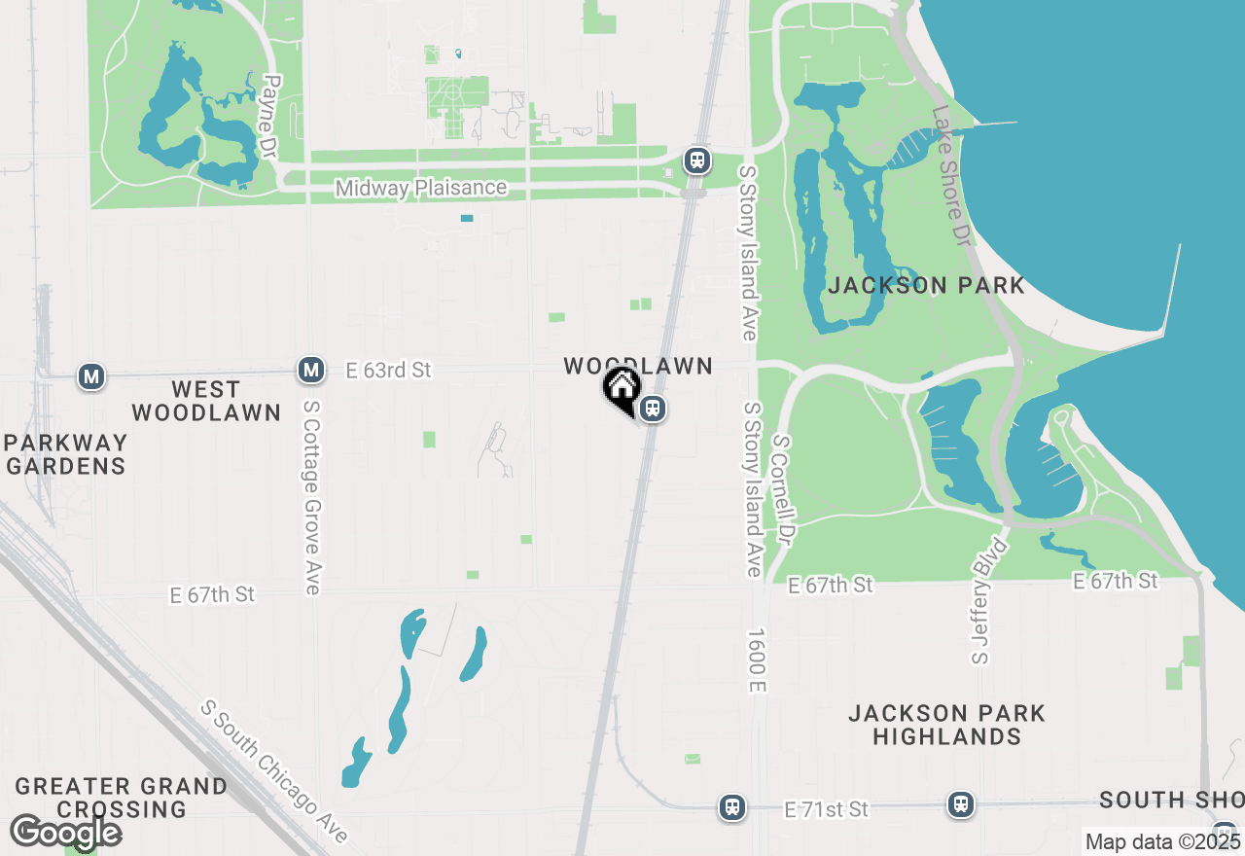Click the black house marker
622,389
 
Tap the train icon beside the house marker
654,409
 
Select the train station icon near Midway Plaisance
696,160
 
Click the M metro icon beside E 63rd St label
311,370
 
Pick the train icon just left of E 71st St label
731,806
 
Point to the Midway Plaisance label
421,188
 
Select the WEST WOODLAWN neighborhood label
206,401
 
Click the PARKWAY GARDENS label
65,454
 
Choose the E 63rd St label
388,371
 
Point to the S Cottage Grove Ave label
311,507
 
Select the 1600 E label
758,660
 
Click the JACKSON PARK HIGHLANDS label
946,725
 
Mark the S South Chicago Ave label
274,771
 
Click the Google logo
66,833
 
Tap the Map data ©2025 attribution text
1162,841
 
